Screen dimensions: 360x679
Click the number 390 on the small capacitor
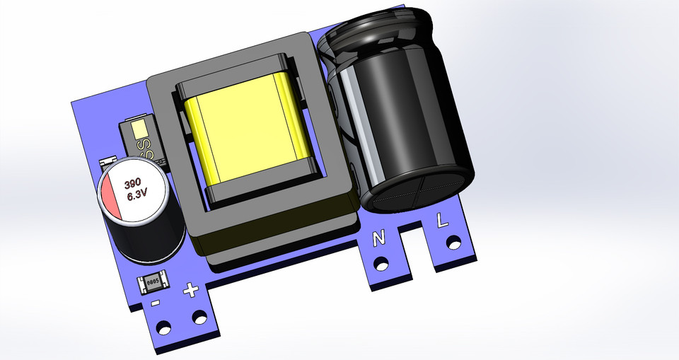pos(133,183)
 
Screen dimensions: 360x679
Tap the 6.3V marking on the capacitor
pos(137,197)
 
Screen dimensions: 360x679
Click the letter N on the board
pos(379,239)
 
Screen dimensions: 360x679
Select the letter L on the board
pos(442,221)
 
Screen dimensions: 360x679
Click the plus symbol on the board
pos(190,290)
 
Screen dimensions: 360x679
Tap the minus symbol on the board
pos(155,303)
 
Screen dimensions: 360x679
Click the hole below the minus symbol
pos(164,328)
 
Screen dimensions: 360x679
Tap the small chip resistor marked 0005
pos(153,284)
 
